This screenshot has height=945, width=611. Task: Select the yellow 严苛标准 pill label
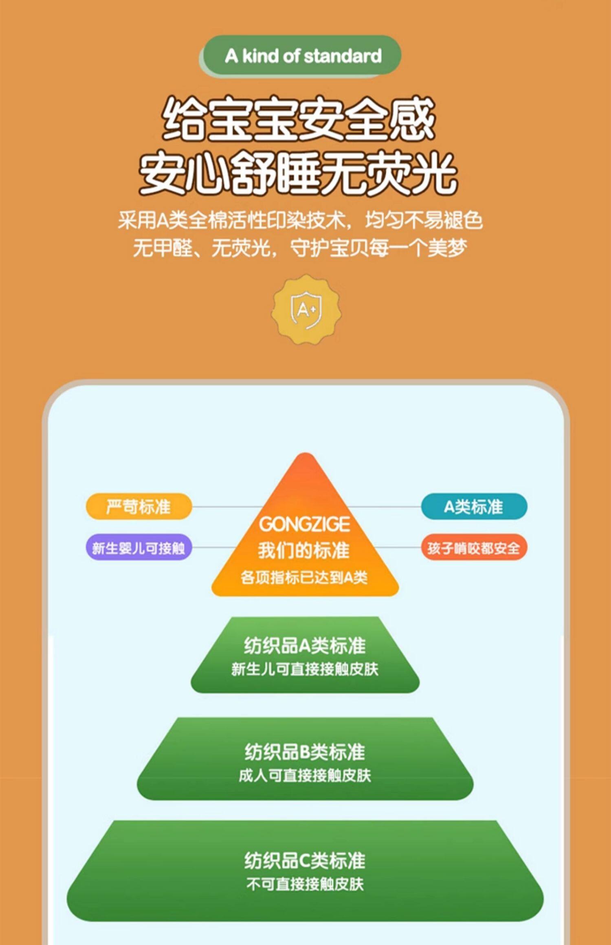coord(138,507)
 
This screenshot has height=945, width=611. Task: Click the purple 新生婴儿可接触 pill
coord(138,548)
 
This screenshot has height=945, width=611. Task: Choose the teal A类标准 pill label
coord(474,507)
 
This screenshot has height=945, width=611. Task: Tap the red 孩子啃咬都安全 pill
coord(474,548)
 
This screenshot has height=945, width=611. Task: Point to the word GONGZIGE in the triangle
coord(305,524)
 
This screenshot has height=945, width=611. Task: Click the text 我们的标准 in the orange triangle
coord(304,550)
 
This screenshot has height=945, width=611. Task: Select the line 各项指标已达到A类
coord(304,577)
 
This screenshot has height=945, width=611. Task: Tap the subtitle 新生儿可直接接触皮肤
coord(305,669)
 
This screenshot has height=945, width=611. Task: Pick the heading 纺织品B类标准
coord(305,752)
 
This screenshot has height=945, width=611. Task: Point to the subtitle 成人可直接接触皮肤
coord(305,776)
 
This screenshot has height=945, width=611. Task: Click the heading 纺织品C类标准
coord(305,860)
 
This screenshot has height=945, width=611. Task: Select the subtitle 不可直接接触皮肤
coord(305,884)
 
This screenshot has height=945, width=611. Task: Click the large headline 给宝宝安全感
coord(298,119)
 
